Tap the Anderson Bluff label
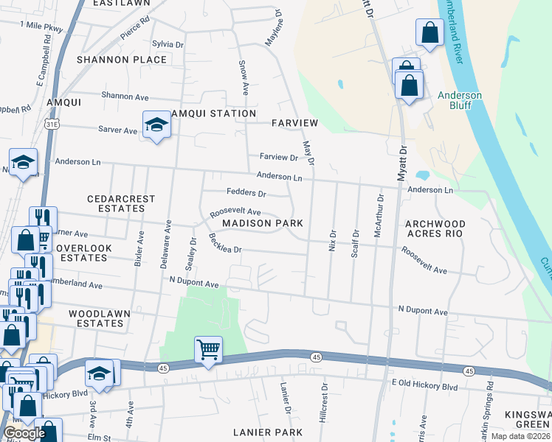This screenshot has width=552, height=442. coord(460,100)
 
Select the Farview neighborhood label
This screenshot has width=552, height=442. coord(294,122)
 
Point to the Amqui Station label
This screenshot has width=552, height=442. coord(214,113)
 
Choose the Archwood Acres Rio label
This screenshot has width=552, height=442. coord(435,228)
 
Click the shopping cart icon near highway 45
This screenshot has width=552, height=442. coord(209,349)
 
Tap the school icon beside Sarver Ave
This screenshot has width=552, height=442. coord(156,125)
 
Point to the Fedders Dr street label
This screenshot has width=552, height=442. coord(246,194)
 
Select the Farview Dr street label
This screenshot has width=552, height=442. coord(278,157)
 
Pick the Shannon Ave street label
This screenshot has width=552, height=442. coord(125,97)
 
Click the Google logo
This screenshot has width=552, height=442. coord(24,433)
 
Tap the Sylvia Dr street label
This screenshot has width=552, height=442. coord(167,44)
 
